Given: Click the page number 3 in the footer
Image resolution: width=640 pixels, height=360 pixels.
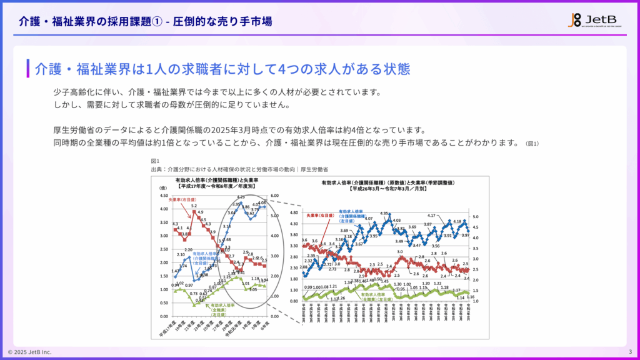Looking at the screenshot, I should click(630, 351).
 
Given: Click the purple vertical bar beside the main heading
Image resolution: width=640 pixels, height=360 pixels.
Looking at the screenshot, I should click(28, 68).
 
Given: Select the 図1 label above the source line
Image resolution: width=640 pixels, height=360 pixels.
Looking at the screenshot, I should click(154, 162).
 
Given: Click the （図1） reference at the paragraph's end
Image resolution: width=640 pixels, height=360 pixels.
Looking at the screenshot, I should click(532, 144).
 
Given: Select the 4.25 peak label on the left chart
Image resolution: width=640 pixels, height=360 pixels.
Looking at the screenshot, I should click(241, 197).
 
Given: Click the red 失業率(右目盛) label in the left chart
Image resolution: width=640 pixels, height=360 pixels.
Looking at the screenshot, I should click(182, 201).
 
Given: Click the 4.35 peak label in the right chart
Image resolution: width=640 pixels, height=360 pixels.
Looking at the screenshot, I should click(385, 213).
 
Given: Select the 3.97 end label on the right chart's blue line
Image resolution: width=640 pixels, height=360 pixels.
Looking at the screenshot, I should click(466, 235).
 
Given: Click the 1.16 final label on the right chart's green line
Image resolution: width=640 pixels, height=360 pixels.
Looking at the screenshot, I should click(470, 297).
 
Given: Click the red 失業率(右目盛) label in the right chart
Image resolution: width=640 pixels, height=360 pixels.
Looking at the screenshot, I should click(318, 216).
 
